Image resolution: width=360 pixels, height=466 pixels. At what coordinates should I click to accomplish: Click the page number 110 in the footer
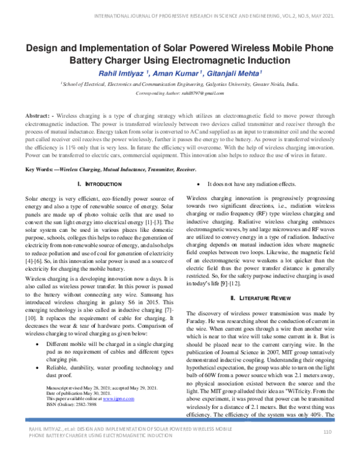pyautogui.click(x=328, y=449)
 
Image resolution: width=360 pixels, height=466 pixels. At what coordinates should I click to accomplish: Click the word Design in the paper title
pyautogui.click(x=44, y=49)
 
